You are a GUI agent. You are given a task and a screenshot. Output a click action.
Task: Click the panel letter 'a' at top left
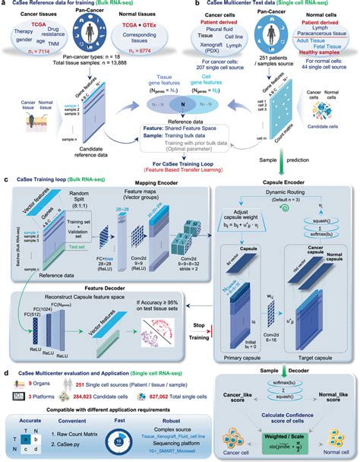(6, 5)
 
